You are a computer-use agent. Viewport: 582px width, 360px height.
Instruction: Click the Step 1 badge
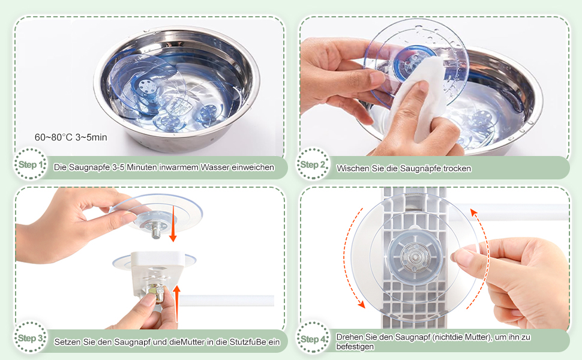[31, 164]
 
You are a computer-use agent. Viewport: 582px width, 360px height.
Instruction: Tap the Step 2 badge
[313, 164]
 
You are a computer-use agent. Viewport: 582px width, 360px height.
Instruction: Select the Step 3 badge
[31, 338]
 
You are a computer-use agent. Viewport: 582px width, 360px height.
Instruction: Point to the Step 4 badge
[313, 338]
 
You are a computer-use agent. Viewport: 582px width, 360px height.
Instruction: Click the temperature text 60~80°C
[53, 137]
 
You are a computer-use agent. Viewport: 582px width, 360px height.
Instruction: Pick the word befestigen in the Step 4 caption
[355, 347]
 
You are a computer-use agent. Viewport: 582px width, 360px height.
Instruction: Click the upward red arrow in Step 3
[177, 303]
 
